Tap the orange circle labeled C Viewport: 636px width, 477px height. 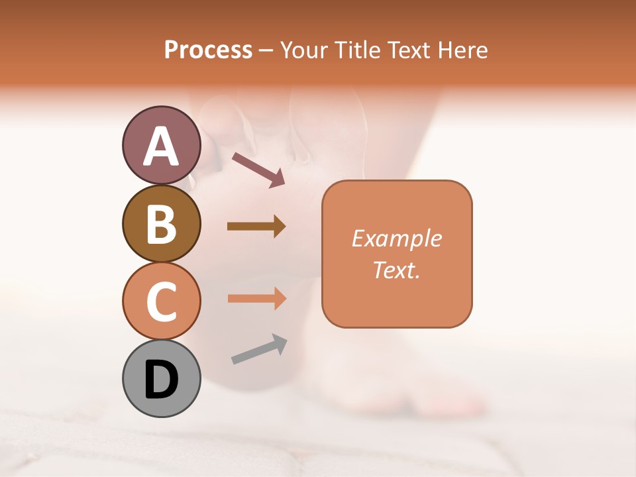click(161, 301)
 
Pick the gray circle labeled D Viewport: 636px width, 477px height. click(161, 378)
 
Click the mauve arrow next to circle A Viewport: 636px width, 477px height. click(258, 169)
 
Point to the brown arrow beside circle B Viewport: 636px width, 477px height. click(256, 227)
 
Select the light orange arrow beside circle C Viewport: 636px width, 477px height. click(257, 299)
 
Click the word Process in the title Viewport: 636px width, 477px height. click(208, 50)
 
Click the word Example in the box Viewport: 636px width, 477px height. click(397, 238)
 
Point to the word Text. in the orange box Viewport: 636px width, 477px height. click(397, 270)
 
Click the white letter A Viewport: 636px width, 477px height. click(161, 146)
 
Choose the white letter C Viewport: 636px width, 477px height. click(161, 302)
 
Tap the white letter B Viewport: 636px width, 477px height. click(161, 225)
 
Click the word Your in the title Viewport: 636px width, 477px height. click(305, 50)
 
